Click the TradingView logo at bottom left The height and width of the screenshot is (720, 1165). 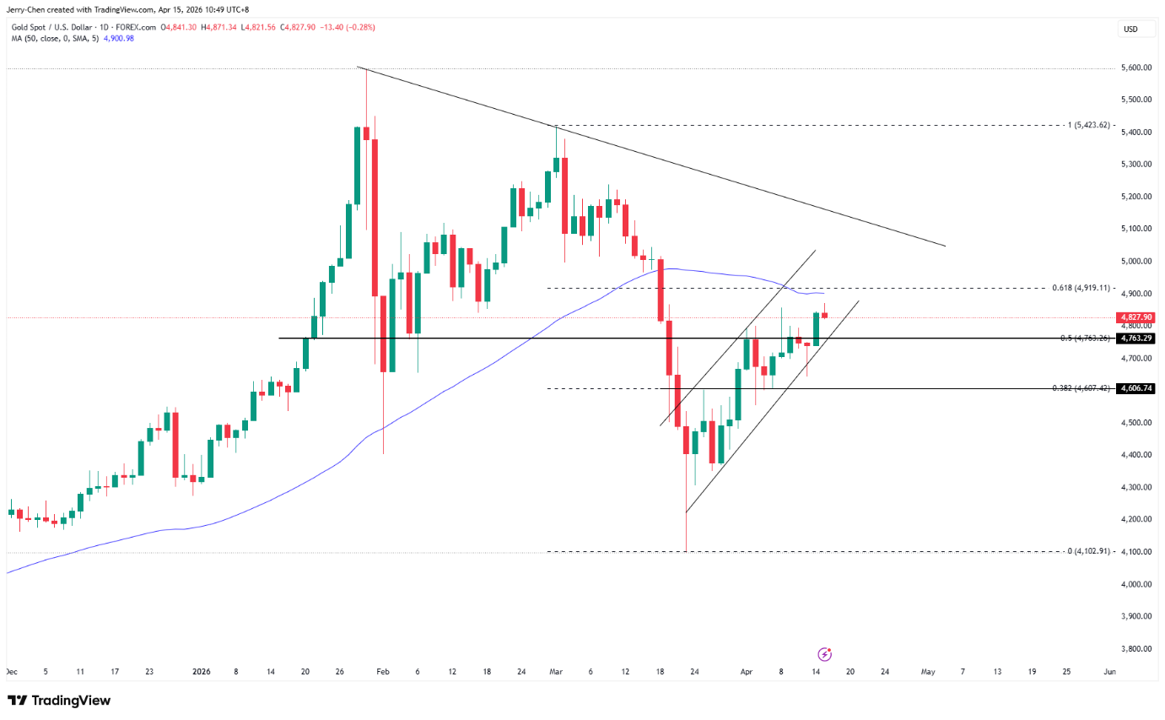tap(59, 701)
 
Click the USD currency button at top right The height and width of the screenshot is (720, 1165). tap(1130, 30)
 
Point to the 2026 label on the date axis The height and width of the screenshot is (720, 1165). tap(201, 672)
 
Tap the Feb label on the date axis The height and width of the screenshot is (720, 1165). tap(382, 672)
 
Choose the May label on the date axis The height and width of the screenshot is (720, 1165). tap(928, 672)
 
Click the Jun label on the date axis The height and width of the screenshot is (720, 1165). tap(1109, 672)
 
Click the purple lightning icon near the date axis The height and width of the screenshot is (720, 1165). tap(825, 654)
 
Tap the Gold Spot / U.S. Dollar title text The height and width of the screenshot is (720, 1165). tap(51, 27)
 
